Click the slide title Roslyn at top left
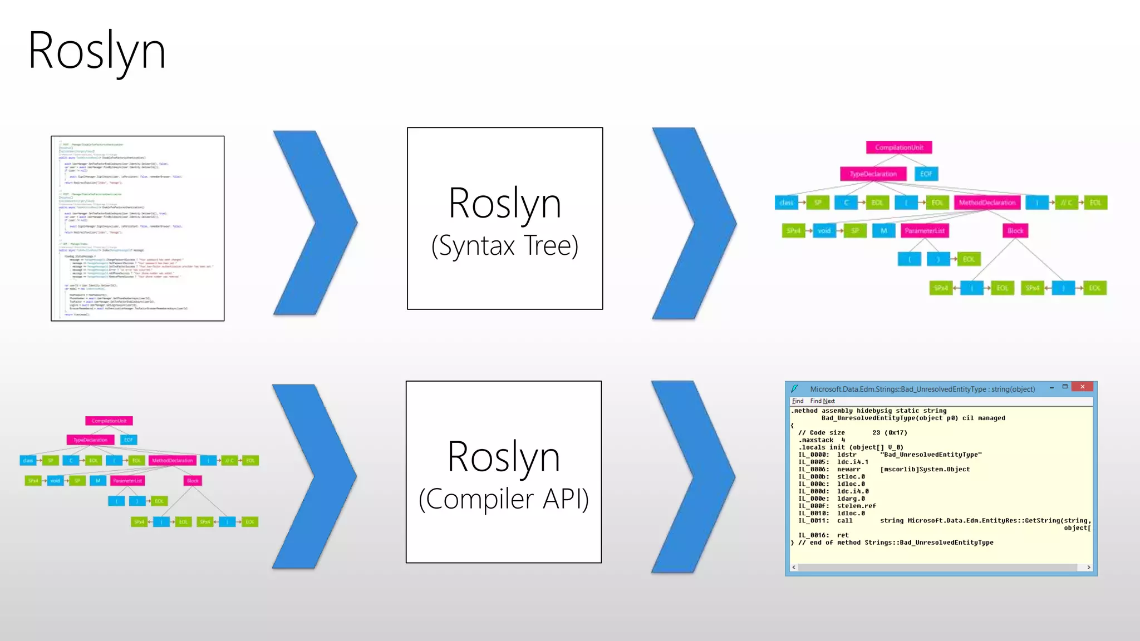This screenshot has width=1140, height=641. point(97,51)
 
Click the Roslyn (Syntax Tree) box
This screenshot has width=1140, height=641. point(504,218)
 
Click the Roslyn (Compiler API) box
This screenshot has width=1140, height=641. point(503,472)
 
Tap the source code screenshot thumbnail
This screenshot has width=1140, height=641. point(137,228)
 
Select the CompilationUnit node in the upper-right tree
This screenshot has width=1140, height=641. point(898,147)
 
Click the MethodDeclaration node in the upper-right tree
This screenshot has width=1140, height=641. point(986,203)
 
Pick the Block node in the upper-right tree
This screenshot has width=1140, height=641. point(1015,230)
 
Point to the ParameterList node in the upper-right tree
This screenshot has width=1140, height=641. point(924,230)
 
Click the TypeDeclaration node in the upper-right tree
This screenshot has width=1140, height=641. point(873,174)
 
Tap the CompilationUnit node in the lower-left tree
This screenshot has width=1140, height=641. point(109,421)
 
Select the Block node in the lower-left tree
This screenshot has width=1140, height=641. point(193,481)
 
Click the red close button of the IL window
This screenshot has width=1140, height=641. point(1082,387)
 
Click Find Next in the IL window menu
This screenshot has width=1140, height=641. point(822,401)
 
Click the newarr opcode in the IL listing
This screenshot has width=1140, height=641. point(848,470)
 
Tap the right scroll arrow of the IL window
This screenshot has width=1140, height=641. point(1088,568)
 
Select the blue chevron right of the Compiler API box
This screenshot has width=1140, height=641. point(694,476)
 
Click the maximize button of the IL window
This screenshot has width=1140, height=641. point(1065,387)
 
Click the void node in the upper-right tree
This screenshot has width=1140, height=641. point(824,230)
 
